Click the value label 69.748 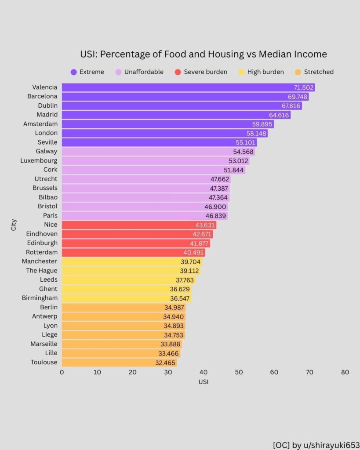[294, 97]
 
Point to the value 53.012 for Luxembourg [238, 161]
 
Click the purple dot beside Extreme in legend [73, 72]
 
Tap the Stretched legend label [319, 72]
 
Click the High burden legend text [265, 72]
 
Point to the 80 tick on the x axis [345, 372]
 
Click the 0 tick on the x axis [62, 372]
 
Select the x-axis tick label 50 [239, 372]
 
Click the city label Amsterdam [40, 124]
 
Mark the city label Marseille [44, 344]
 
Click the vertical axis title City [14, 225]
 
